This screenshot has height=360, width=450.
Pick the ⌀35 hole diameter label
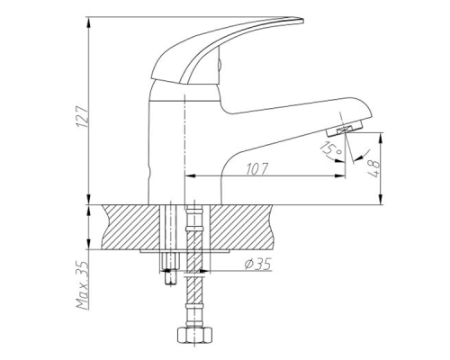point(260,263)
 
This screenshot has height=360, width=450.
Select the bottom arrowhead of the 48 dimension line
point(382,202)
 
